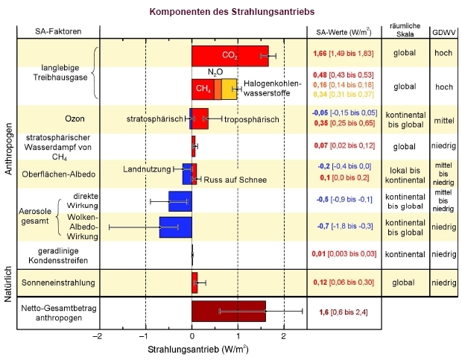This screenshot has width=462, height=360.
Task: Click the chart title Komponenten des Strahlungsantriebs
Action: coord(231,12)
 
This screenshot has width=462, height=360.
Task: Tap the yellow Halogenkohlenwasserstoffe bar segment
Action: coord(230,89)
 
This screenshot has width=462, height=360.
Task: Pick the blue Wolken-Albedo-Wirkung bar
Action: coord(176,226)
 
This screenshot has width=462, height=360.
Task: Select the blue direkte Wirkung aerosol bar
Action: coord(180,200)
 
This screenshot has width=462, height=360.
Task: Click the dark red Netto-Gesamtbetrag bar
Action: coord(229,312)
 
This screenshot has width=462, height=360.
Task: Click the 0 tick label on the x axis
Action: coord(192,336)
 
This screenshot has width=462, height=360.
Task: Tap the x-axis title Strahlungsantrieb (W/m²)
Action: coord(197,349)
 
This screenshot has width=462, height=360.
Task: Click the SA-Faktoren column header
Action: coord(58,31)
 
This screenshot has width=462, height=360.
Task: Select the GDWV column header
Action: coord(444,31)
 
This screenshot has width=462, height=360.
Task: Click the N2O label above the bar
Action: coord(215,72)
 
